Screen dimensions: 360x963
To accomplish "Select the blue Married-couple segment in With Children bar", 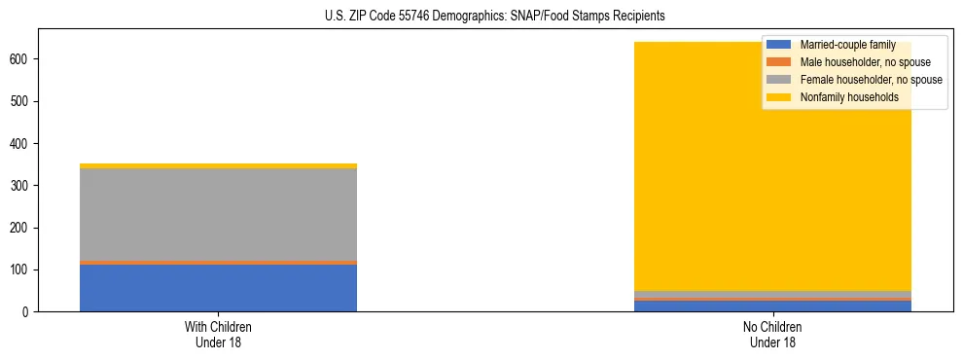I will [218, 288].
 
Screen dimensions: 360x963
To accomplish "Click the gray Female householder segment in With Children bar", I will [218, 214].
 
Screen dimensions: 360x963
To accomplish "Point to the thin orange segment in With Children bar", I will [218, 263].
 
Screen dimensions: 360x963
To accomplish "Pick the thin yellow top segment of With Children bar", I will [218, 165].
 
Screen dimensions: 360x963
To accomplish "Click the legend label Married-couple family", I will [847, 45].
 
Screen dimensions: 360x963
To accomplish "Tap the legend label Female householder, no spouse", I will [871, 80].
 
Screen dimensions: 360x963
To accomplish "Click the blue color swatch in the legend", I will [779, 45].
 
